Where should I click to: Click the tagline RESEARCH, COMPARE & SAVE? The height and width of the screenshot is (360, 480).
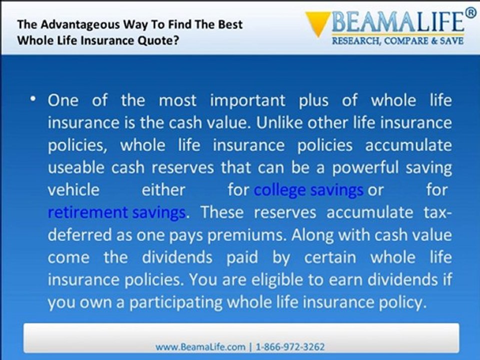coord(398,40)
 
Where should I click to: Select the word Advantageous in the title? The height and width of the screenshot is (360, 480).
coord(80,25)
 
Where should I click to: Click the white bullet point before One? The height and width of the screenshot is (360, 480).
coord(33,99)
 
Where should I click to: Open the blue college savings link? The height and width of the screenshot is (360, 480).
coord(308,190)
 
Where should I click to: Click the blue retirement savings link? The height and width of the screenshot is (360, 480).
coord(116,212)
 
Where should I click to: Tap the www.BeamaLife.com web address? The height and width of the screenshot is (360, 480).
coord(200,347)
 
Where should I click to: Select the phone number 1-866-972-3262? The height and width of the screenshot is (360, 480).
coord(290,347)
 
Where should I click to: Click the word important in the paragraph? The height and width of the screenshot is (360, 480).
coord(247,100)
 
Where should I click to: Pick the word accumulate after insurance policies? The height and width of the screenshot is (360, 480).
coord(408,145)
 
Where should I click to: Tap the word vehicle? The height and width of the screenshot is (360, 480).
coord(74,190)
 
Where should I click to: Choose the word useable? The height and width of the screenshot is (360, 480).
coord(76,168)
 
